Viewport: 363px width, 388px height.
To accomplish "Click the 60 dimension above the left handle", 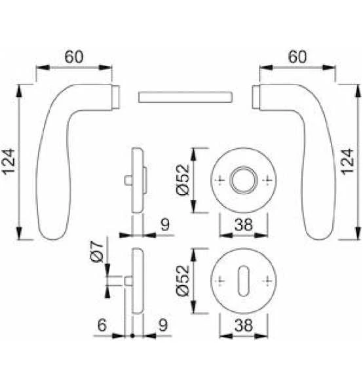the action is click(x=74, y=57).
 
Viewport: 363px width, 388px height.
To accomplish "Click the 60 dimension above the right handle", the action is click(x=297, y=57).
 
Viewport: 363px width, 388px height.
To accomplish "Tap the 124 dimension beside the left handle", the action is click(x=9, y=162).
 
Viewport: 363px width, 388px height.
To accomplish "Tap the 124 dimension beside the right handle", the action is click(x=348, y=162).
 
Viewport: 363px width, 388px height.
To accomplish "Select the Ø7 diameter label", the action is click(x=97, y=252).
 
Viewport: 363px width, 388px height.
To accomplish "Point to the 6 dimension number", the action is click(x=102, y=325).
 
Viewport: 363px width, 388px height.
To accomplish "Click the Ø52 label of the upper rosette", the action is click(x=183, y=180).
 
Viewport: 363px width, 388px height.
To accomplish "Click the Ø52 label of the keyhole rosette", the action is click(x=183, y=281).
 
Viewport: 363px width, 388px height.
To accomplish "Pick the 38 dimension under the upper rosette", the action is click(x=244, y=225).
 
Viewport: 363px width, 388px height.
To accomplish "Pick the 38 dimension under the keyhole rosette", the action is click(x=244, y=325).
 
